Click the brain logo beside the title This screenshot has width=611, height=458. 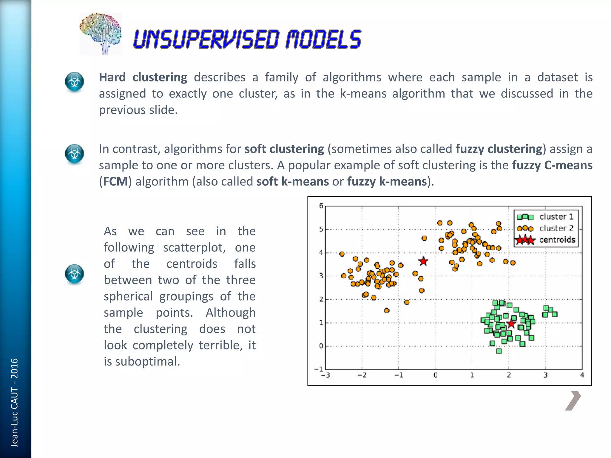point(101,34)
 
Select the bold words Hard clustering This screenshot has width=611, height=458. point(143,78)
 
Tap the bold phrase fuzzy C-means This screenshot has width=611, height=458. point(552,165)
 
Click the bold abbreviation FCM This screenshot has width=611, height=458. point(115,182)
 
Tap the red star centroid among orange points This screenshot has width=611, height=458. point(423,262)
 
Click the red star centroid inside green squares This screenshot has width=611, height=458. point(511,324)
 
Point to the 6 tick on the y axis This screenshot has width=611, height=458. point(321,206)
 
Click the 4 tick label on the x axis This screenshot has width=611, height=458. point(582,375)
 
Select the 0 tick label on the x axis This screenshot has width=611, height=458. point(435,375)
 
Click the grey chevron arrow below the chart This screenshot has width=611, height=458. point(573,400)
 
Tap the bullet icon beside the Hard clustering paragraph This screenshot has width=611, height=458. point(74,81)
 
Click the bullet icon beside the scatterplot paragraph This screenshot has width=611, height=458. point(74,274)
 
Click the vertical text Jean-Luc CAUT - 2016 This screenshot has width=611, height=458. point(14,402)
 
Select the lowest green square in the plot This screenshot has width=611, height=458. point(499,351)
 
